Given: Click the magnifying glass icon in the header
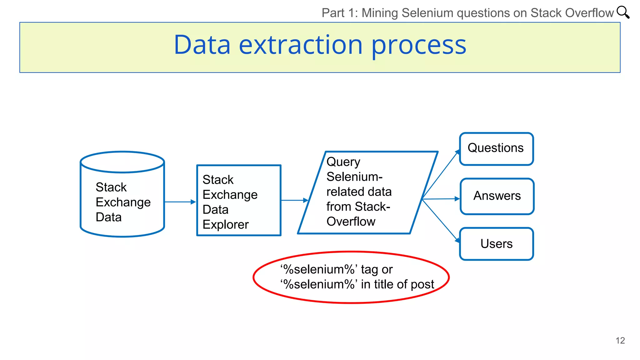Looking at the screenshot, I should pos(622,12).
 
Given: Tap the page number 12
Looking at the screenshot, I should pos(620,340).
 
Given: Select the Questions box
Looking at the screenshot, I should pos(496,149).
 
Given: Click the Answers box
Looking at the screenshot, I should pos(497,196).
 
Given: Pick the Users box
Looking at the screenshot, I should pos(496,244).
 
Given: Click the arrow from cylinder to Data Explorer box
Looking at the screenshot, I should pos(180,202).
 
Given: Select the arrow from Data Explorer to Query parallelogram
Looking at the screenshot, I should pos(294,200).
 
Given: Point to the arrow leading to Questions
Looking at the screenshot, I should pos(441,174).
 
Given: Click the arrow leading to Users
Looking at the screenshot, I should pos(441,221).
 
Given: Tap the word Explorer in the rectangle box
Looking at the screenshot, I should pos(225,224).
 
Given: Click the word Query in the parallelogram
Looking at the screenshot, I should pos(343,162).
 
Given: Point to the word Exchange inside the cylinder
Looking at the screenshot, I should pos(123,202).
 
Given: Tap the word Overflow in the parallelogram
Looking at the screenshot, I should pos(351,221).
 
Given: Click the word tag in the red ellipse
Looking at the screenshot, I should pos(369,269).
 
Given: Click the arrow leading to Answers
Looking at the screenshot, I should pos(441,199).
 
